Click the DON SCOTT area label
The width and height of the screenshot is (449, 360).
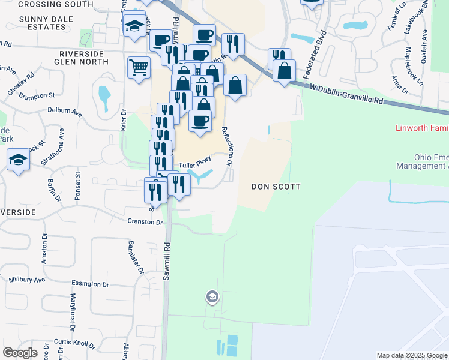(x=275, y=187)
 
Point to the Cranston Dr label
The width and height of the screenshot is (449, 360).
(x=145, y=221)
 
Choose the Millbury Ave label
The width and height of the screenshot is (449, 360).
(x=26, y=280)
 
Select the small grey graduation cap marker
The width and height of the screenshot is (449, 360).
(x=211, y=296)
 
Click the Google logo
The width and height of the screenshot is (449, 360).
(x=20, y=352)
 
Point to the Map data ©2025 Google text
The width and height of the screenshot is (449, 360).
(x=411, y=355)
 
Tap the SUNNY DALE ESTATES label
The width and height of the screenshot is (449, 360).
(x=46, y=23)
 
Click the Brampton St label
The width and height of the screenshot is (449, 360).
(x=36, y=95)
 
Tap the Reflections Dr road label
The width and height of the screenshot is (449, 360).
(x=227, y=146)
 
